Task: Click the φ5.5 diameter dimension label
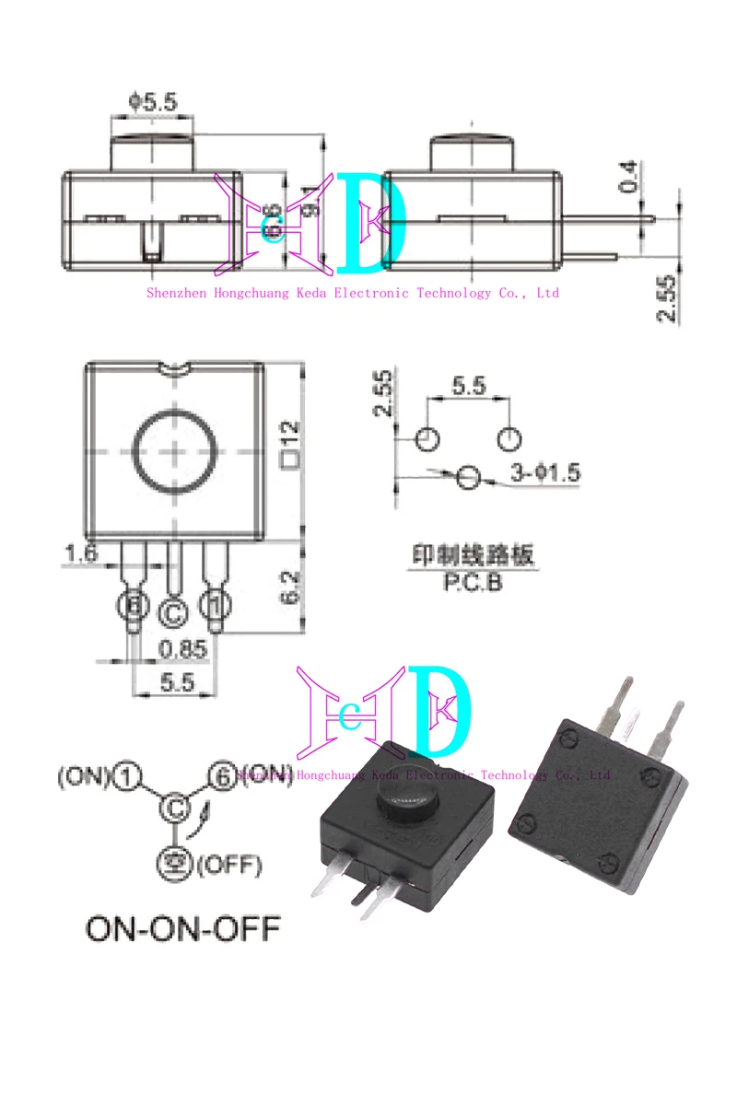coord(153,101)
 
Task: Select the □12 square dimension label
coord(291,443)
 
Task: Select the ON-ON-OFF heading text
coord(182,928)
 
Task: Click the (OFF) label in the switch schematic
coord(227,865)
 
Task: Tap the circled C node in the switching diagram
coord(173,808)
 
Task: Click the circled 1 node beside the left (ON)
coord(125,778)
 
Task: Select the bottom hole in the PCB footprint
coord(470,477)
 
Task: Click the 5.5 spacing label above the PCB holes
coord(468,386)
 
